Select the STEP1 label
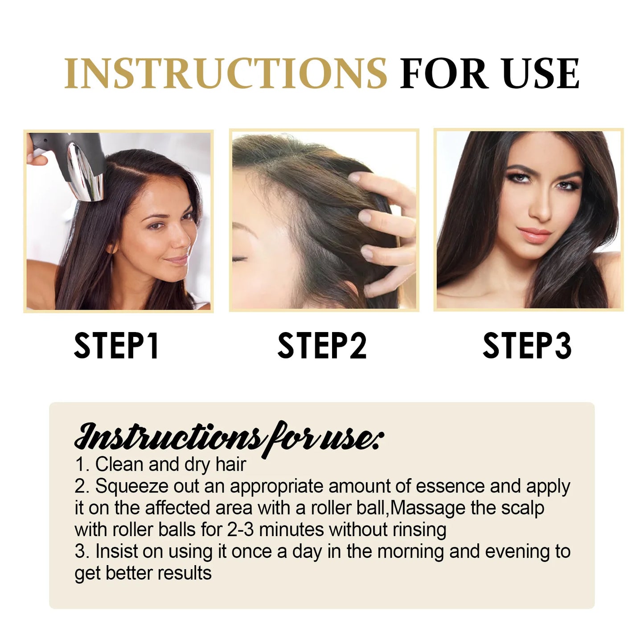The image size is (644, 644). [116, 345]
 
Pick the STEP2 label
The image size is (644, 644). [322, 345]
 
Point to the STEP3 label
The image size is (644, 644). [527, 345]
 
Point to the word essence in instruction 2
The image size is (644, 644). [450, 486]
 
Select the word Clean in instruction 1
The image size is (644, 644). [119, 464]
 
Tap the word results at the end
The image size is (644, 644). [185, 573]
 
